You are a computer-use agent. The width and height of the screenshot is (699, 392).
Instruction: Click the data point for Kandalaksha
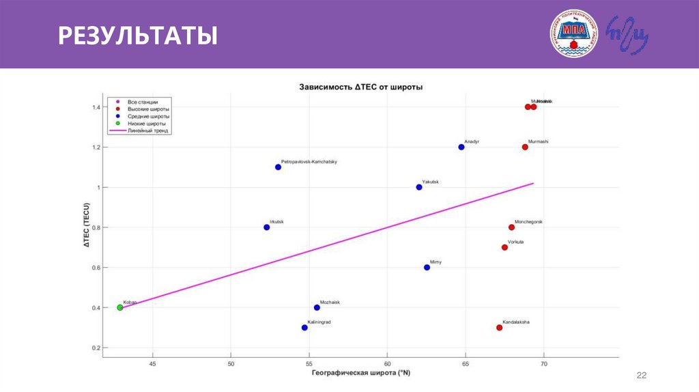(499, 328)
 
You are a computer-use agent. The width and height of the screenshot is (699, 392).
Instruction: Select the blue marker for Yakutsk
(419, 187)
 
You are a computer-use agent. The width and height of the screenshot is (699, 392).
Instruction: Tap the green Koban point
(120, 307)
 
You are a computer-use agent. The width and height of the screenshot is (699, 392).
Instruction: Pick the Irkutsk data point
(266, 227)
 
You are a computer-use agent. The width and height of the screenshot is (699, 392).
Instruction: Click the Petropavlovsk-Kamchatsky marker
(278, 167)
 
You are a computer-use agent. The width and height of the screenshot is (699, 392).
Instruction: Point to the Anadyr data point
(461, 147)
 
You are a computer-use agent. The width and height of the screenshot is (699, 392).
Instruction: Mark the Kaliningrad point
(304, 328)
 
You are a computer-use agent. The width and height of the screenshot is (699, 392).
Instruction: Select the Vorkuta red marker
(504, 247)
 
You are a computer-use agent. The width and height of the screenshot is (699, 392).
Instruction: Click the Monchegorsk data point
(511, 227)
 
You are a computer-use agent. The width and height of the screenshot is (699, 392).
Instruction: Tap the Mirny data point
(427, 268)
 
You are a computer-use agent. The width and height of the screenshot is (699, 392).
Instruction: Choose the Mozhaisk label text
(330, 302)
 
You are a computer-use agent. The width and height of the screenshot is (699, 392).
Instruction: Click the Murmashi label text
(539, 141)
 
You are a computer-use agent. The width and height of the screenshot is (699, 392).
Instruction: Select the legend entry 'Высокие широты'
(148, 109)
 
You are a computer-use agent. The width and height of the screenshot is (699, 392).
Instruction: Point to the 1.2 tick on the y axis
(96, 148)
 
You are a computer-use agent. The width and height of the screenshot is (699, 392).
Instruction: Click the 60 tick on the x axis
(387, 364)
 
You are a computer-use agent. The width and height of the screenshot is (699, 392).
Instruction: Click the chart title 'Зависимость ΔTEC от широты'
(360, 87)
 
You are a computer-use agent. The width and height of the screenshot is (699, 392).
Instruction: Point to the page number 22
(641, 376)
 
